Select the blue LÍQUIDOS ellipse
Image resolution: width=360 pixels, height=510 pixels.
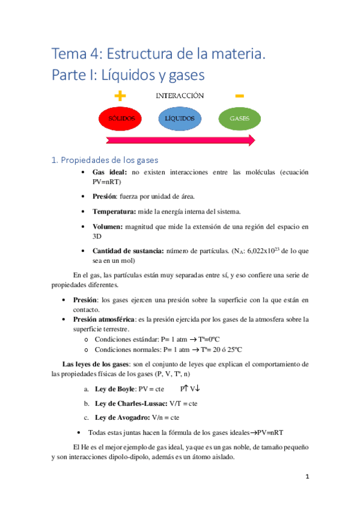[x=179, y=118]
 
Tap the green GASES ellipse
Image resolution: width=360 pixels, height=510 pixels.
[x=239, y=118]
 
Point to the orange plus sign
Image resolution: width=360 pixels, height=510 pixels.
[x=120, y=96]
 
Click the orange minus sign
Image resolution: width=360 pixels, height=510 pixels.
[x=239, y=96]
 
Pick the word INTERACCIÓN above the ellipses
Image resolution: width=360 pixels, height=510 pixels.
[x=180, y=96]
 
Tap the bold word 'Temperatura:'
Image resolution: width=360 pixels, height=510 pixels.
[x=116, y=211]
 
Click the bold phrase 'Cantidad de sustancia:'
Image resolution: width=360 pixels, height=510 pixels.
[x=128, y=250]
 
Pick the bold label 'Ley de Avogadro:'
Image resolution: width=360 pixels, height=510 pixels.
[x=122, y=417]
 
